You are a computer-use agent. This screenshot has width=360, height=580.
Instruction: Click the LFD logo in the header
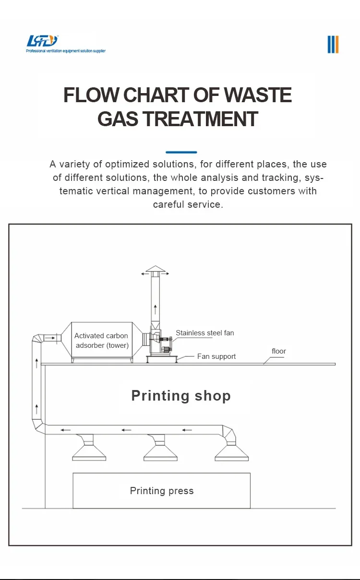[x=42, y=40]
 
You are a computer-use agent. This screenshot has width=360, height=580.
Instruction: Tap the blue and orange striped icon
[x=333, y=44]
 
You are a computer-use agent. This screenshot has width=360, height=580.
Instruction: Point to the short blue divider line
[x=181, y=152]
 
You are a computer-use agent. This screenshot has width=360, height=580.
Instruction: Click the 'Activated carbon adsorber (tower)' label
[x=101, y=341]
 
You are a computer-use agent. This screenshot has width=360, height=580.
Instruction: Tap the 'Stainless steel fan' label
[x=205, y=333]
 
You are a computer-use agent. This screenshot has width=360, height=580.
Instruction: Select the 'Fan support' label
[x=216, y=356]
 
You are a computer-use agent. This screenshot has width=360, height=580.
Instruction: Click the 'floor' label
[x=279, y=351]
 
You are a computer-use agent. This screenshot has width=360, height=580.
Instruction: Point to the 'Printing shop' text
[x=181, y=396]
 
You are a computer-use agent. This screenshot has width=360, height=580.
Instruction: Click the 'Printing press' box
[x=161, y=491]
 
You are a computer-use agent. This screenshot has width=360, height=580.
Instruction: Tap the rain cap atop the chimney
[x=155, y=270]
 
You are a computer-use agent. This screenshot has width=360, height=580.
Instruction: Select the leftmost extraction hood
[x=89, y=449]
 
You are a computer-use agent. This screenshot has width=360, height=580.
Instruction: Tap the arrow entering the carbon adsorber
[x=50, y=338]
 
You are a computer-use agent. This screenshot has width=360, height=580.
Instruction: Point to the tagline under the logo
[x=66, y=51]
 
